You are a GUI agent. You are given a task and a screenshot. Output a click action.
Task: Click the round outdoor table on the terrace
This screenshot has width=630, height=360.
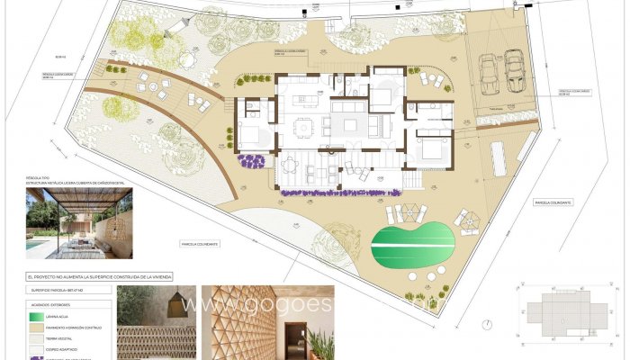[x=291, y=164]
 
